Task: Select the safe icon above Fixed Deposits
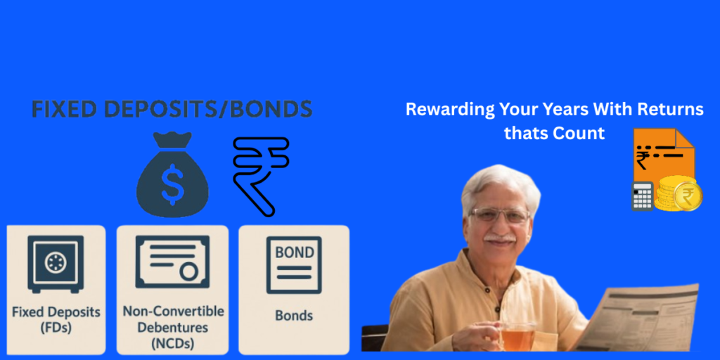click(x=56, y=264)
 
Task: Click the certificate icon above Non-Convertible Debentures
click(x=172, y=262)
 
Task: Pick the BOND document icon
click(x=294, y=264)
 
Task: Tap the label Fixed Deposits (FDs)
click(x=56, y=320)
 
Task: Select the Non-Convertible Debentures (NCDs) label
click(x=173, y=326)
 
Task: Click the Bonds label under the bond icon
click(x=294, y=316)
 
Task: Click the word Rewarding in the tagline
click(x=444, y=110)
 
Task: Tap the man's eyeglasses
click(x=501, y=215)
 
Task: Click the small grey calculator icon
click(x=643, y=196)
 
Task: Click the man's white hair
click(x=500, y=184)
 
